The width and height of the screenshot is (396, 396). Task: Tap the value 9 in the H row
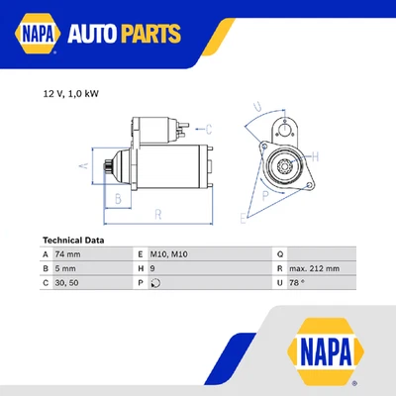(x=153, y=268)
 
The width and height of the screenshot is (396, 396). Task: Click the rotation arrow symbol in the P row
(x=155, y=282)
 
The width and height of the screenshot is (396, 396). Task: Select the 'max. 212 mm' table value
(x=316, y=268)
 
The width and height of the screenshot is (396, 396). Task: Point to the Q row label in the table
(x=280, y=254)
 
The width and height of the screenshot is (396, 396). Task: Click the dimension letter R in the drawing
(x=157, y=214)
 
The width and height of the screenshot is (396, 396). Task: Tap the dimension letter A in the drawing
(x=85, y=165)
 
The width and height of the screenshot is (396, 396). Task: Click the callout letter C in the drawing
(x=209, y=129)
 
